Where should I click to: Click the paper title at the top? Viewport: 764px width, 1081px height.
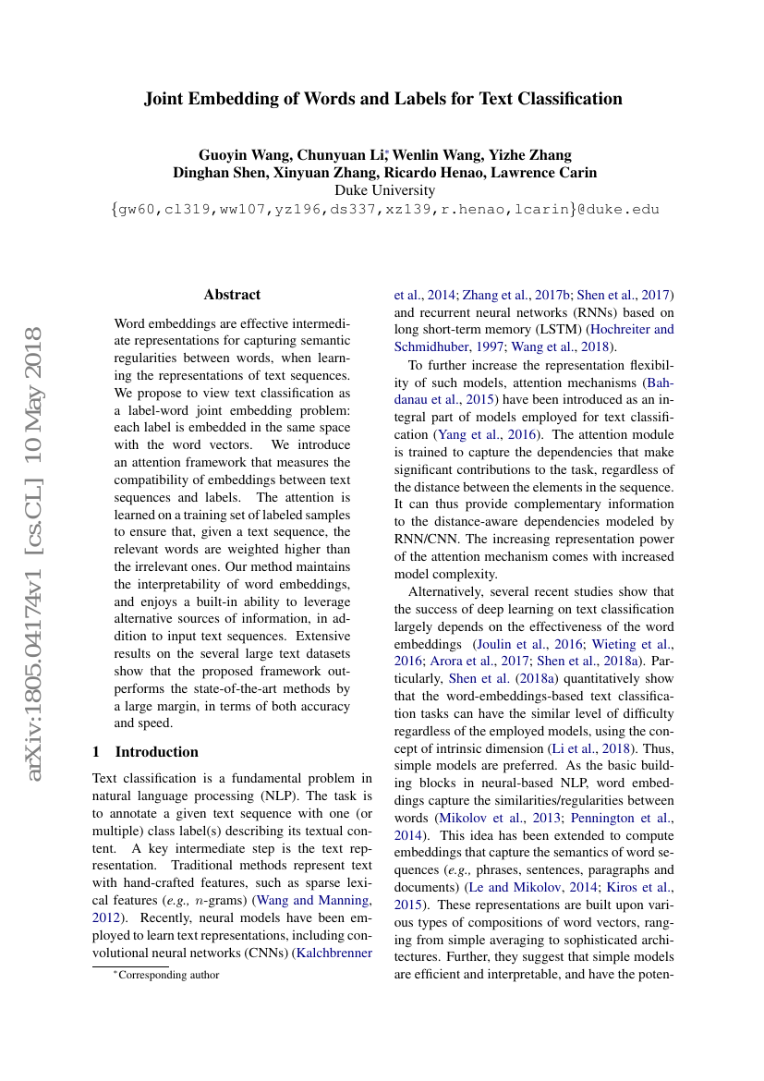382,99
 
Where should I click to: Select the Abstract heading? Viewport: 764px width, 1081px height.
232,295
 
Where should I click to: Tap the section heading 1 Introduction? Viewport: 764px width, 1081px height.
146,751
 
